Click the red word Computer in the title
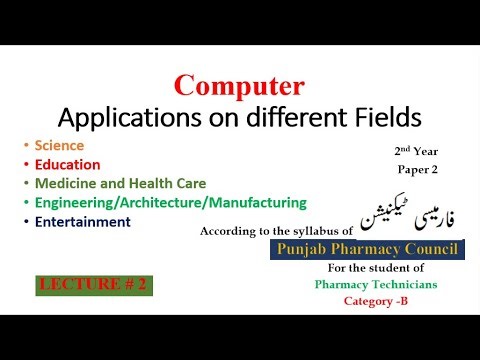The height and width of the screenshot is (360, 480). click(x=240, y=86)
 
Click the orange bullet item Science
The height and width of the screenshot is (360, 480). click(x=58, y=146)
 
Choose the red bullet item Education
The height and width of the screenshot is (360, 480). click(x=67, y=164)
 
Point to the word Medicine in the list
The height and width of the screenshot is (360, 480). click(x=64, y=183)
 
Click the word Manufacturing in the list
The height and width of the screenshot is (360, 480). click(x=261, y=202)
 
